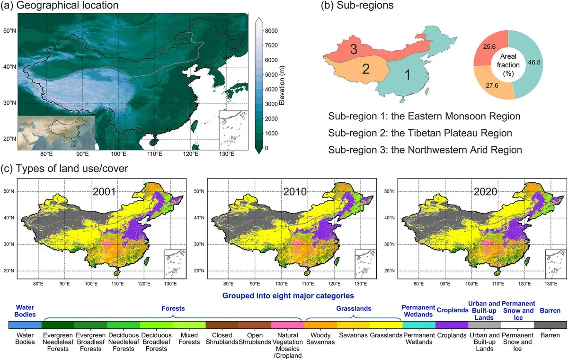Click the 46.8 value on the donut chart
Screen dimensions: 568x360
(534, 62)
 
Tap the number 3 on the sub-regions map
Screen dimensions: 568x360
(354, 49)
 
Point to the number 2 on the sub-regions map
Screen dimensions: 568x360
(365, 69)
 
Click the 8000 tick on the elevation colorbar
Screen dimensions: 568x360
(271, 31)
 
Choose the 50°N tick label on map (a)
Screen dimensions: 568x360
(9, 31)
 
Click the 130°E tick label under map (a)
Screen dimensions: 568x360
(227, 154)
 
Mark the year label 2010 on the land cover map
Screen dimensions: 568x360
(294, 191)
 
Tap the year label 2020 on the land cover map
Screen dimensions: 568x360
(485, 191)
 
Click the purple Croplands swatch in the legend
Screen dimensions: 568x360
(452, 325)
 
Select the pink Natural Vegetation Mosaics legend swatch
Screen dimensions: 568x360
(288, 325)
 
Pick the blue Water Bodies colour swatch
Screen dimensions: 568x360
(25, 325)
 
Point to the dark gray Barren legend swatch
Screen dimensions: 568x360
(550, 325)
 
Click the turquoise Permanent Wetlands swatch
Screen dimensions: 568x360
(419, 325)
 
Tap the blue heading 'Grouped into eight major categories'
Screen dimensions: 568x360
(288, 296)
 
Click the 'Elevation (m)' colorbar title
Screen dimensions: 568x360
(282, 86)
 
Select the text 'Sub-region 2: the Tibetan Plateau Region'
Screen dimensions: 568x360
(420, 133)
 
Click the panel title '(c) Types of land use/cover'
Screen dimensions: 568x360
(65, 169)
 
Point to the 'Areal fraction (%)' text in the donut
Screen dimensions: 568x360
(508, 65)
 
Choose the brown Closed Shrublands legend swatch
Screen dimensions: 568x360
(222, 325)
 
